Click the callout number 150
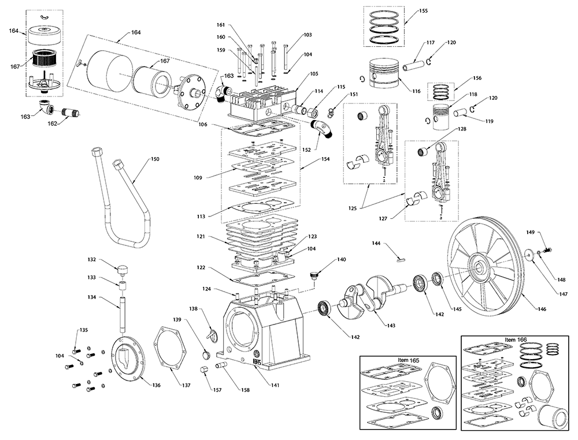[x=155, y=159]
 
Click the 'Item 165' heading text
[x=409, y=360]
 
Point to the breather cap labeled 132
[x=122, y=269]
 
